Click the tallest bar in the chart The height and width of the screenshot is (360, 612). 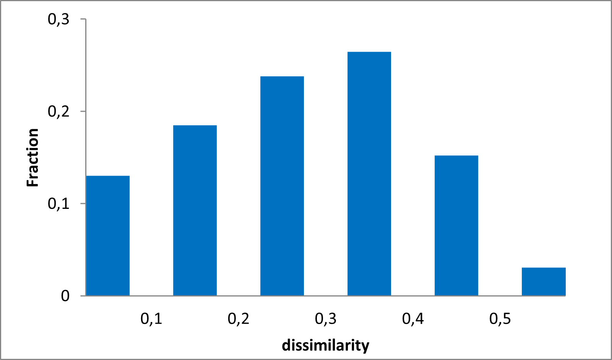[369, 174]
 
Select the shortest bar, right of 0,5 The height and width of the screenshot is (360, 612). [544, 282]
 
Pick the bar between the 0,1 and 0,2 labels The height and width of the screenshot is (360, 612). [195, 210]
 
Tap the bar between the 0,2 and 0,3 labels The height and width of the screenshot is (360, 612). [282, 186]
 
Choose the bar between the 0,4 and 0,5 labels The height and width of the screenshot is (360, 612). [456, 226]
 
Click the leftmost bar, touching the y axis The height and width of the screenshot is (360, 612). [108, 236]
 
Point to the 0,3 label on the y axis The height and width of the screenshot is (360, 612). [58, 19]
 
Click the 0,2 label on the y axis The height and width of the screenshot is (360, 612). [58, 111]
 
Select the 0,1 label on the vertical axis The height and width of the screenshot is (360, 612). [58, 204]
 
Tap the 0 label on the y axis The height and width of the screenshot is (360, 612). [65, 296]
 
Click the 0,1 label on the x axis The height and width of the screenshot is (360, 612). [151, 318]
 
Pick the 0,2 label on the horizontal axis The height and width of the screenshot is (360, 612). [239, 318]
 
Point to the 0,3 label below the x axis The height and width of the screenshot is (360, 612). [326, 318]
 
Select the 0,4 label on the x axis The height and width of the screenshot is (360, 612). [413, 318]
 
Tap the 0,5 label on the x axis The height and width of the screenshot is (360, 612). [500, 318]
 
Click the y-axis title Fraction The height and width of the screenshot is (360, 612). [33, 158]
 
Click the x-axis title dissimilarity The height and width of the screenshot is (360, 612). [326, 345]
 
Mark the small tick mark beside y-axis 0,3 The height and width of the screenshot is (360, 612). [83, 19]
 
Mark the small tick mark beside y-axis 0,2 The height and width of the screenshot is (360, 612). [83, 111]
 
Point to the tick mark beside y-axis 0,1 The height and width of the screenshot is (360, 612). [83, 204]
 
